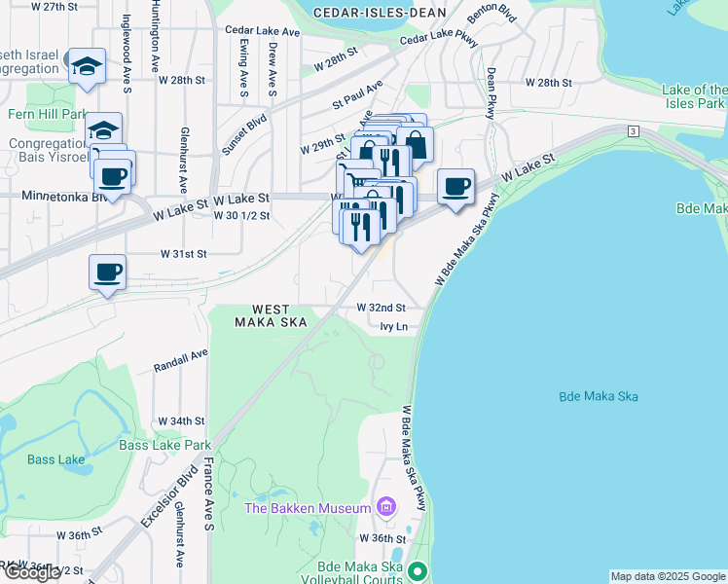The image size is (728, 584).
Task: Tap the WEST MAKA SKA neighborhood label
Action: [272, 314]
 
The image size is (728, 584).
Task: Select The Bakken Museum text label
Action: [308, 507]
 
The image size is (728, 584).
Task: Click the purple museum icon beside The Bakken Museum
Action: [386, 507]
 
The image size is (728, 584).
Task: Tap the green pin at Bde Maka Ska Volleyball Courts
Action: [419, 571]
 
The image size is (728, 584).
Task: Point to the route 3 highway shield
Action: [633, 130]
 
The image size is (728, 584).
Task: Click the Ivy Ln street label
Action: [394, 327]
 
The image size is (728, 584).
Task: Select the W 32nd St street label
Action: [381, 307]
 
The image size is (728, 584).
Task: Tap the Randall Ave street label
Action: [182, 362]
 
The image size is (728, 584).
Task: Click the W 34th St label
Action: [185, 421]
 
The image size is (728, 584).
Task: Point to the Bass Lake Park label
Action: [164, 445]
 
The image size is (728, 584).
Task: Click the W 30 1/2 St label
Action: [241, 215]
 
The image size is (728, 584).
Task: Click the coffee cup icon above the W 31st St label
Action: [107, 272]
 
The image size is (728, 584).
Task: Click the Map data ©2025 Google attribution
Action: [667, 576]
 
